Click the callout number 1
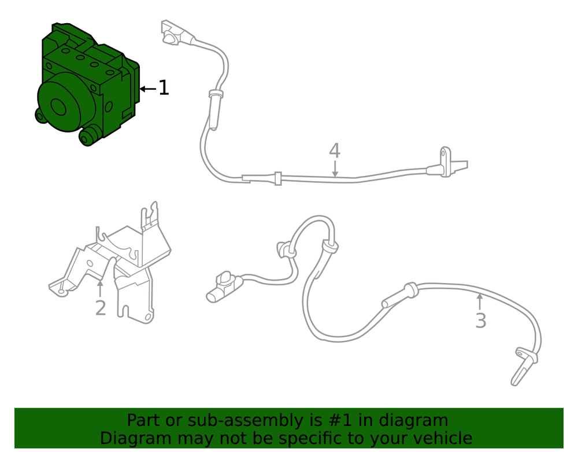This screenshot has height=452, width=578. coord(164,88)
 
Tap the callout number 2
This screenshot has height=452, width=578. coord(101,308)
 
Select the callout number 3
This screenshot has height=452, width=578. coord(481,321)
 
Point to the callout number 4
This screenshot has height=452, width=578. coord(334,150)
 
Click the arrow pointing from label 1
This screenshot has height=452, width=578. coord(148,89)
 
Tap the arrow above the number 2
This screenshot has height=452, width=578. coord(100,288)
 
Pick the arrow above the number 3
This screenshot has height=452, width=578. coord(480,302)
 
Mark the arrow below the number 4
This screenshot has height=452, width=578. coord(335,168)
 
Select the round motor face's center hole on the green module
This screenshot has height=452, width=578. coord(58,107)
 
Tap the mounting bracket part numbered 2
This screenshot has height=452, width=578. coord(110,263)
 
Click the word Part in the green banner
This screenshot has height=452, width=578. coord(143,420)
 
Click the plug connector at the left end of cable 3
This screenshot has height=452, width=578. coord(224,286)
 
